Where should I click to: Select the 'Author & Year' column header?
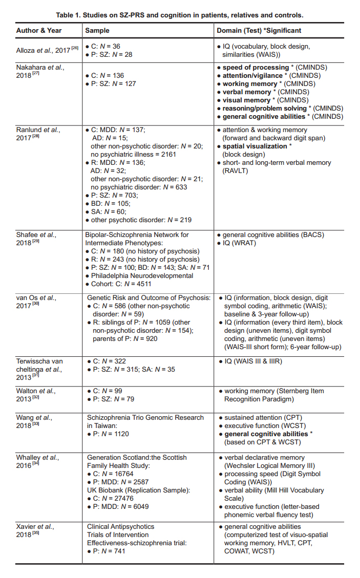point(39,31)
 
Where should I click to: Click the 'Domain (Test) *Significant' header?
point(259,31)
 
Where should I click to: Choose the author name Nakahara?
point(33,67)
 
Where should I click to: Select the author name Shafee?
point(29,235)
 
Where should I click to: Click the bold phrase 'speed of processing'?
point(256,67)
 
